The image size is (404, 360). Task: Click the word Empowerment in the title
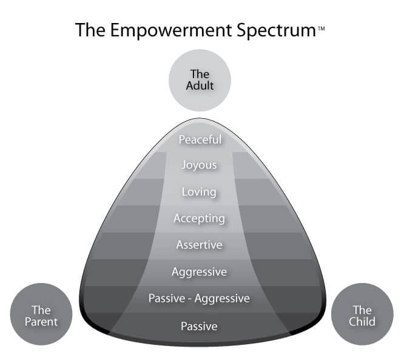pos(172,30)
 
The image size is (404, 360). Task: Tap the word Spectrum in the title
pos(277,31)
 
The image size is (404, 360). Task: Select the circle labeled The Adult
pos(200,80)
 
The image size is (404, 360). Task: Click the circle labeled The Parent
pos(41,314)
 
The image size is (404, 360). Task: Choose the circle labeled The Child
pos(362,314)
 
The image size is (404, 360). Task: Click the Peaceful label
pos(200,139)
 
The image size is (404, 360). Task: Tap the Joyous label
pos(199,165)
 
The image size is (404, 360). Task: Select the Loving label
pos(199,192)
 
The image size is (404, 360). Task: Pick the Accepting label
pos(199,219)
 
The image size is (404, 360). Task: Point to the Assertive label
pos(199,245)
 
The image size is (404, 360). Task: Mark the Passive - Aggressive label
pos(199,299)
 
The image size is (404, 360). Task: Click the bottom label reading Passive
pos(199,326)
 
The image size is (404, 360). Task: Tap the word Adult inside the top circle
pos(200,85)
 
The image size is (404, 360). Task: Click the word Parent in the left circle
pos(41,322)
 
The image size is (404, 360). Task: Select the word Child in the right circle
pos(362,322)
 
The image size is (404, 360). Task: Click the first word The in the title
pos(90,30)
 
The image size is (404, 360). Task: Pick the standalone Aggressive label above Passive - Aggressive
pos(199,272)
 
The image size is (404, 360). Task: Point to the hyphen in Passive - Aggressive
pos(190,299)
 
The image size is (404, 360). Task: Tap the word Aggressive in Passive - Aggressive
pos(222,299)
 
